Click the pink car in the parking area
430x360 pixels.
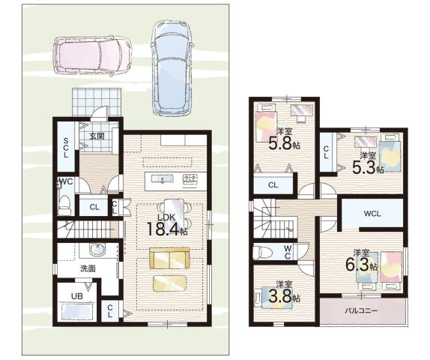point(92,56)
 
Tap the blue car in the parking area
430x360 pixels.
point(172,67)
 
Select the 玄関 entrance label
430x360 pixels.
point(97,136)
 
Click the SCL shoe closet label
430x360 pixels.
point(65,148)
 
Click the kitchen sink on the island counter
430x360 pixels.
point(163,179)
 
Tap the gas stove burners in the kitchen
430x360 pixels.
point(190,179)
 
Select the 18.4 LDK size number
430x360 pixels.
point(163,229)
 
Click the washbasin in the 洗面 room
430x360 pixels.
point(97,249)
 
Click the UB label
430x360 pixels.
point(76,296)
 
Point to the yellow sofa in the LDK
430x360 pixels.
point(169,259)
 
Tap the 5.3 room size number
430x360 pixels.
point(363,167)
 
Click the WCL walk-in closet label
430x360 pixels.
point(372,213)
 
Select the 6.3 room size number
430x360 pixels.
point(357,265)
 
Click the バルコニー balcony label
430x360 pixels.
point(361,310)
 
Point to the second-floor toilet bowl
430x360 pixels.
point(261,252)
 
